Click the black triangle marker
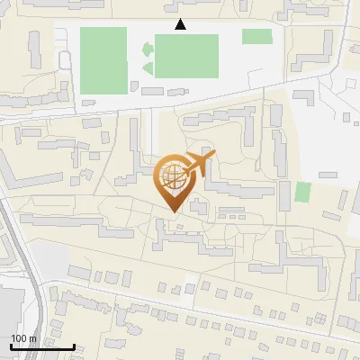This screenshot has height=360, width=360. [181, 24]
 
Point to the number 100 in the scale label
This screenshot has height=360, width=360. [19, 338]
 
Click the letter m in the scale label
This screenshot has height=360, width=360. [33, 338]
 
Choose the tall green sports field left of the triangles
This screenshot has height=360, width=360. [103, 59]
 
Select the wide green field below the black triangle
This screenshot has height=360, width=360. [186, 56]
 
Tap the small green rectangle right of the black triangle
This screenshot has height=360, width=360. [256, 36]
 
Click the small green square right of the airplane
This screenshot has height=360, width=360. [302, 192]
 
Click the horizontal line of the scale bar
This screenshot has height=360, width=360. [42, 346]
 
